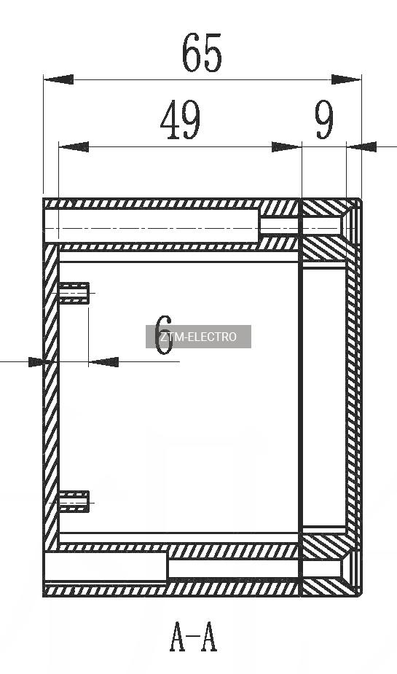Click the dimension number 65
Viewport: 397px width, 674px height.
tap(202, 53)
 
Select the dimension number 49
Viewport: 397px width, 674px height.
tap(181, 120)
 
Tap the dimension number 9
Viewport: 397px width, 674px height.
tap(324, 120)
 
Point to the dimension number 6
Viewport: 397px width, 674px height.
tap(164, 335)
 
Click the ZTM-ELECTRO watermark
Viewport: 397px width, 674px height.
tap(198, 337)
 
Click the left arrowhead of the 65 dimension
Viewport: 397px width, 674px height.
tap(58, 79)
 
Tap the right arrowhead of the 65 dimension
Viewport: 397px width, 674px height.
tap(346, 79)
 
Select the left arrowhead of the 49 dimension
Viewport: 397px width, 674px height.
tap(74, 147)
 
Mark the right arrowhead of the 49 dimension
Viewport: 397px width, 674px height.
tap(286, 147)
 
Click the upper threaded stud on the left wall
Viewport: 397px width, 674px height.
tap(74, 293)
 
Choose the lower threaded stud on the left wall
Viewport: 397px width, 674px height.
tap(74, 501)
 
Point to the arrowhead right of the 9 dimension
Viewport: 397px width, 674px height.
tap(361, 147)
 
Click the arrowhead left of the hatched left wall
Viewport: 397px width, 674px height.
tap(36, 362)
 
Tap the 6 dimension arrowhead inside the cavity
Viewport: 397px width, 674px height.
tap(103, 362)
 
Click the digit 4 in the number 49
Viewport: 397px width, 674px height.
tap(170, 120)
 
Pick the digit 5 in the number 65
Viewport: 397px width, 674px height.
tap(213, 53)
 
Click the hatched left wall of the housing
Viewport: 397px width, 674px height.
tap(51, 396)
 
